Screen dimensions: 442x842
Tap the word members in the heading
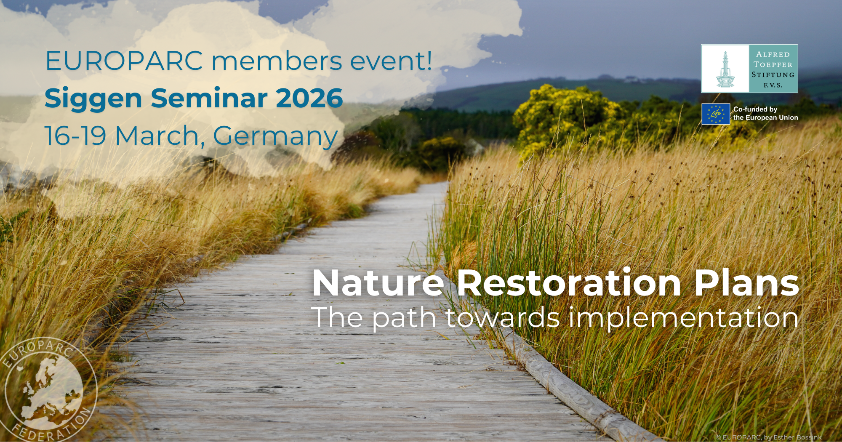(x=277, y=61)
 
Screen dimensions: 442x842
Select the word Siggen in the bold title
(x=93, y=99)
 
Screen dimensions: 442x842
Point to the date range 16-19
(x=75, y=136)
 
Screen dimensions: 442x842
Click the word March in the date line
(x=157, y=136)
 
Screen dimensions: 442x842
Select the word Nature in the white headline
(x=378, y=283)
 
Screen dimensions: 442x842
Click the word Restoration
(x=569, y=283)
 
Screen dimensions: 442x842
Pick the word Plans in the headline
(x=746, y=283)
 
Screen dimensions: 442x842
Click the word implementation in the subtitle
(x=683, y=318)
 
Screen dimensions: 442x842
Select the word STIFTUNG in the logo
(x=773, y=75)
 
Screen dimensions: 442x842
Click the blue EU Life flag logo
(x=715, y=114)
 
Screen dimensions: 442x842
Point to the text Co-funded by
(x=755, y=109)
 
